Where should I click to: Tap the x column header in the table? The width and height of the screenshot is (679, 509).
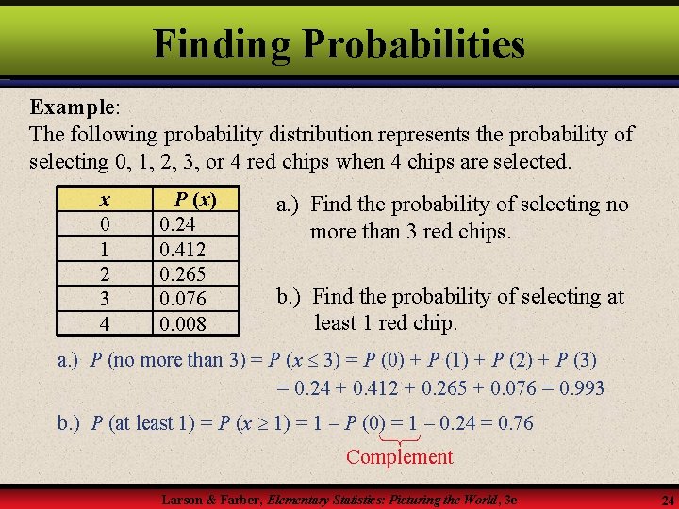104,200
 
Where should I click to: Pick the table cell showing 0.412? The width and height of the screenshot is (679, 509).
183,250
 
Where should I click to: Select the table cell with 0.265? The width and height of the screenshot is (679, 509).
183,274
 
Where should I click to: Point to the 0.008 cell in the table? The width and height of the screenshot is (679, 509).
183,323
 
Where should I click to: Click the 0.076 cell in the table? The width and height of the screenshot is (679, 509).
183,299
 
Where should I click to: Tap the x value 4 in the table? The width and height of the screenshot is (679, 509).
104,323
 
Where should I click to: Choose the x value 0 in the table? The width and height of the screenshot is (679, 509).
104,225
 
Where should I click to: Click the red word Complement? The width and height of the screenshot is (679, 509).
399,457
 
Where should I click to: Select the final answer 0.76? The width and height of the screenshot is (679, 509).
512,423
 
